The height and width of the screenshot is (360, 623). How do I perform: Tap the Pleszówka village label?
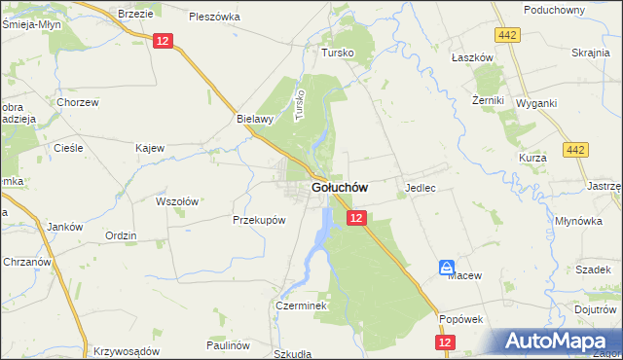tap(214, 17)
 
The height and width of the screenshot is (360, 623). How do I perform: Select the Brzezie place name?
tap(136, 14)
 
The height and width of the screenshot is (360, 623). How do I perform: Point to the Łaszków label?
tap(472, 57)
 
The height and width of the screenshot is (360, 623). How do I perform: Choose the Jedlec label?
tap(420, 186)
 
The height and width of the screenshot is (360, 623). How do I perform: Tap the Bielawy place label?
tap(254, 119)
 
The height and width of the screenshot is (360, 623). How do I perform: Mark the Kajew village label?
tap(150, 148)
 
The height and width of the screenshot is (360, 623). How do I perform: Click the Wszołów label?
tap(177, 201)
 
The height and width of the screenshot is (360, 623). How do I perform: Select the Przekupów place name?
tap(259, 220)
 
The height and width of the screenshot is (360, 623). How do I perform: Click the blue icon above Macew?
tap(446, 266)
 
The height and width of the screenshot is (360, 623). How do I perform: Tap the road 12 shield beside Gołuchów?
tap(356, 219)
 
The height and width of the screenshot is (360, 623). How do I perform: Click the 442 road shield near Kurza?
tap(575, 150)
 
